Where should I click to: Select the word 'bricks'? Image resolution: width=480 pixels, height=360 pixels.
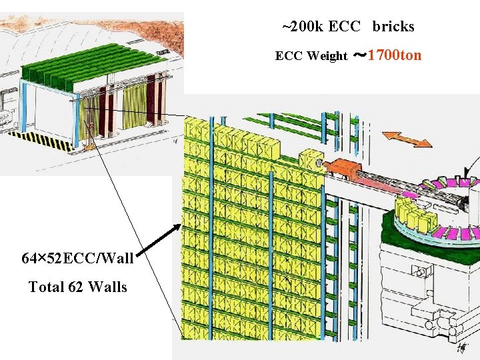393,27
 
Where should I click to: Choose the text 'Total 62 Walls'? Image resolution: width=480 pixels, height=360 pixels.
77,287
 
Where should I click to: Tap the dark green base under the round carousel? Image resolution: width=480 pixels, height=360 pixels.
427,233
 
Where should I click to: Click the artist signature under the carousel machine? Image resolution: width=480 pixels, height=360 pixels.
461,348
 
